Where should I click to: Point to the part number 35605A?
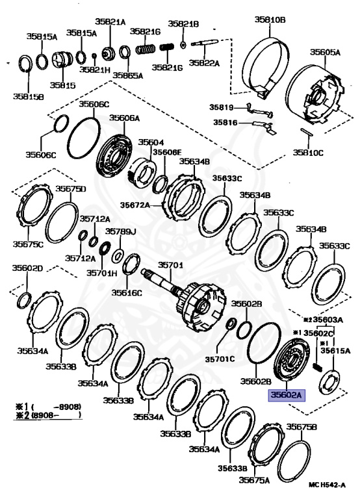click(x=325, y=51)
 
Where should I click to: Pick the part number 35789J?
click(x=121, y=231)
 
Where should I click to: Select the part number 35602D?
click(x=27, y=269)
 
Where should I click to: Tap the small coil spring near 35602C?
click(x=318, y=367)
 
